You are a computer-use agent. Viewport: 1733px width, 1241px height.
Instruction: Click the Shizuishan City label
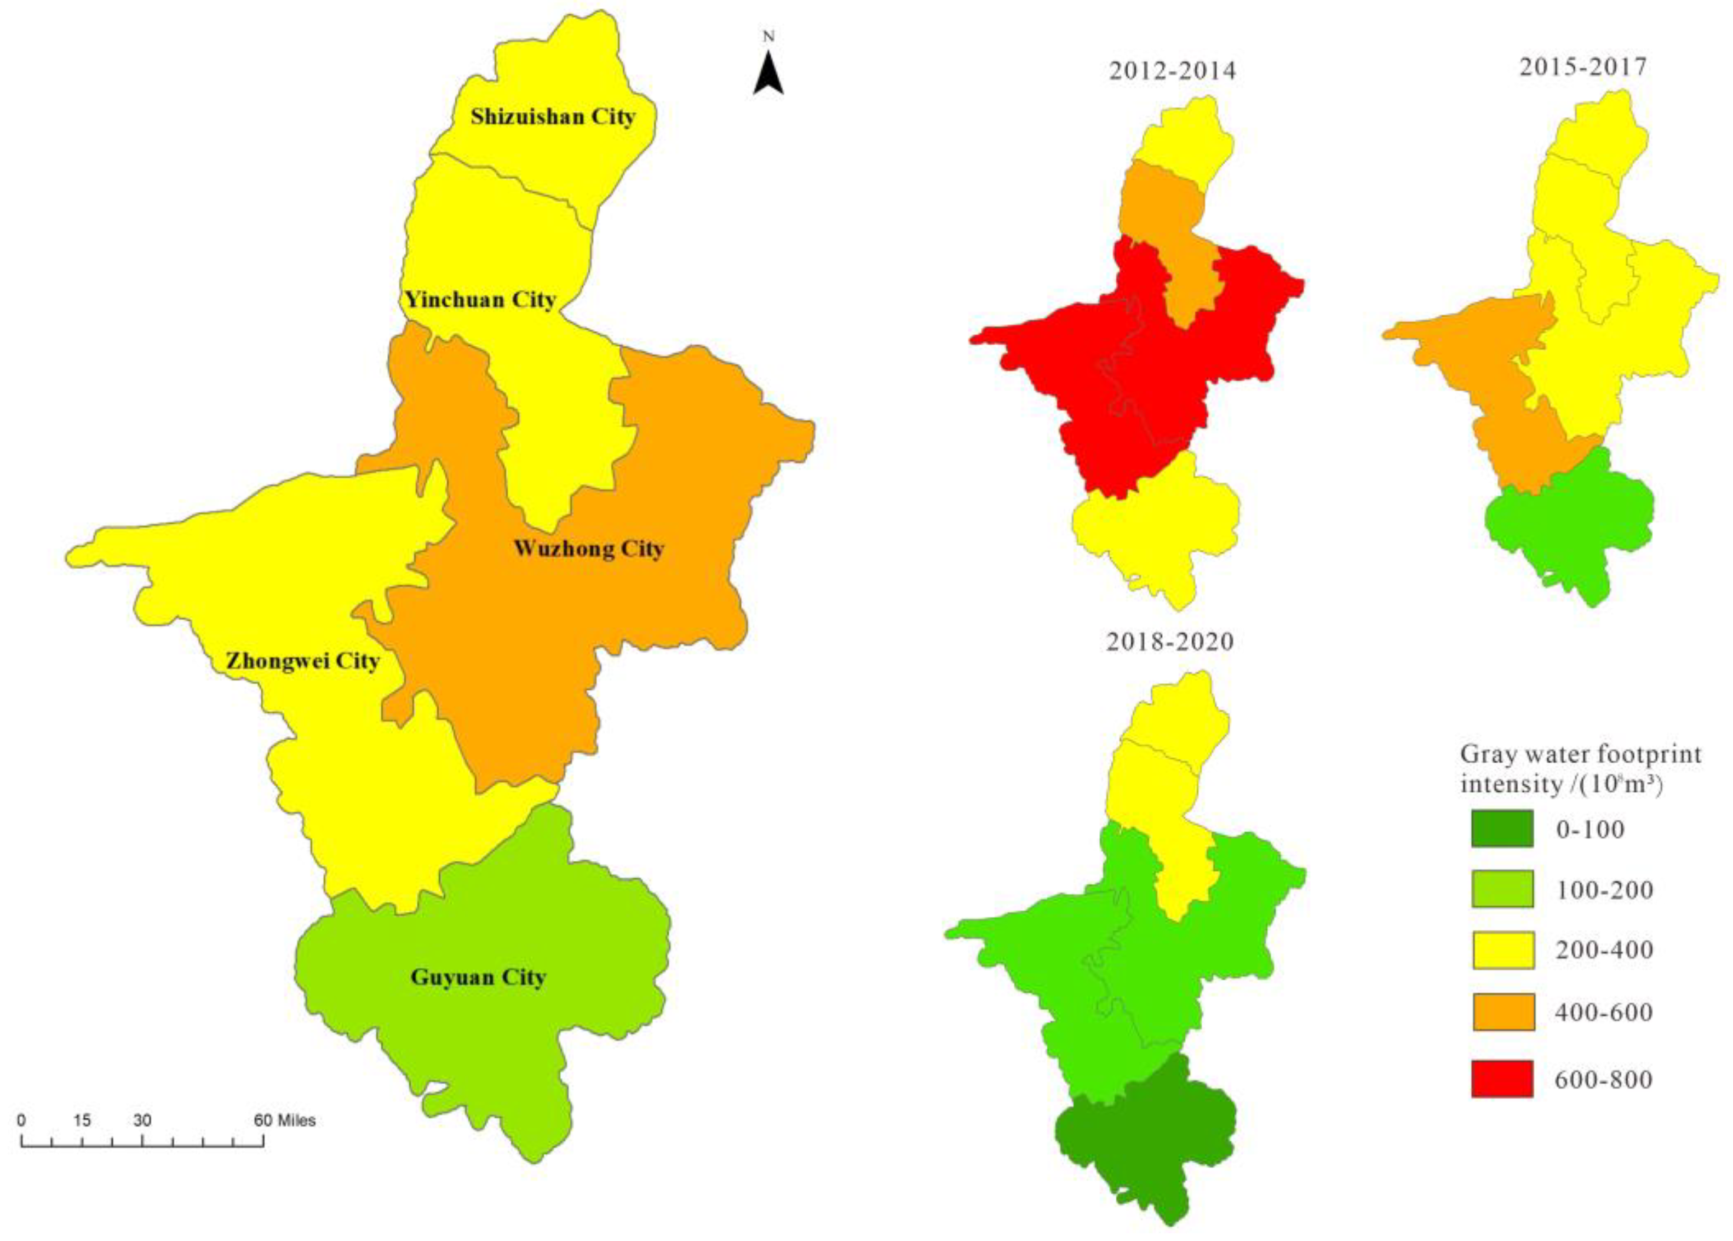pyautogui.click(x=552, y=117)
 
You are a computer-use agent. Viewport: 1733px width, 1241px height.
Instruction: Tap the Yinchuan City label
pyautogui.click(x=480, y=300)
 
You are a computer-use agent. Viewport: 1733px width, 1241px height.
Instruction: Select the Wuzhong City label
pyautogui.click(x=588, y=548)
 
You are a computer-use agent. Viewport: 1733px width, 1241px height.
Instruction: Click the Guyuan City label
pyautogui.click(x=478, y=977)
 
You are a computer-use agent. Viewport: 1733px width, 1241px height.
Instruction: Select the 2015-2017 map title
pyautogui.click(x=1582, y=67)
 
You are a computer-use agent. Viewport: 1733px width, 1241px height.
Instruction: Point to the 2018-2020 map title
pyautogui.click(x=1170, y=642)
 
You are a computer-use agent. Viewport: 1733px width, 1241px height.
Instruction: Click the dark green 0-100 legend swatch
pyautogui.click(x=1501, y=829)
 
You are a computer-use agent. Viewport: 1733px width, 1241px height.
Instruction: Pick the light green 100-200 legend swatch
pyautogui.click(x=1501, y=889)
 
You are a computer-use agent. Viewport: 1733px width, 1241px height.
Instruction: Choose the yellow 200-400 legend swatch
pyautogui.click(x=1501, y=950)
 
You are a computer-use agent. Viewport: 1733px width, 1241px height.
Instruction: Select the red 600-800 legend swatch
pyautogui.click(x=1501, y=1079)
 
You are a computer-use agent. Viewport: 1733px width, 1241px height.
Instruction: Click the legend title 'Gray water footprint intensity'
pyautogui.click(x=1580, y=769)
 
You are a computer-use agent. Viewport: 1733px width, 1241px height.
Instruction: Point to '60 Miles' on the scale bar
pyautogui.click(x=285, y=1121)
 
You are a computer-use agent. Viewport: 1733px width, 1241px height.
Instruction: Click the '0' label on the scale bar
pyautogui.click(x=21, y=1121)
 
